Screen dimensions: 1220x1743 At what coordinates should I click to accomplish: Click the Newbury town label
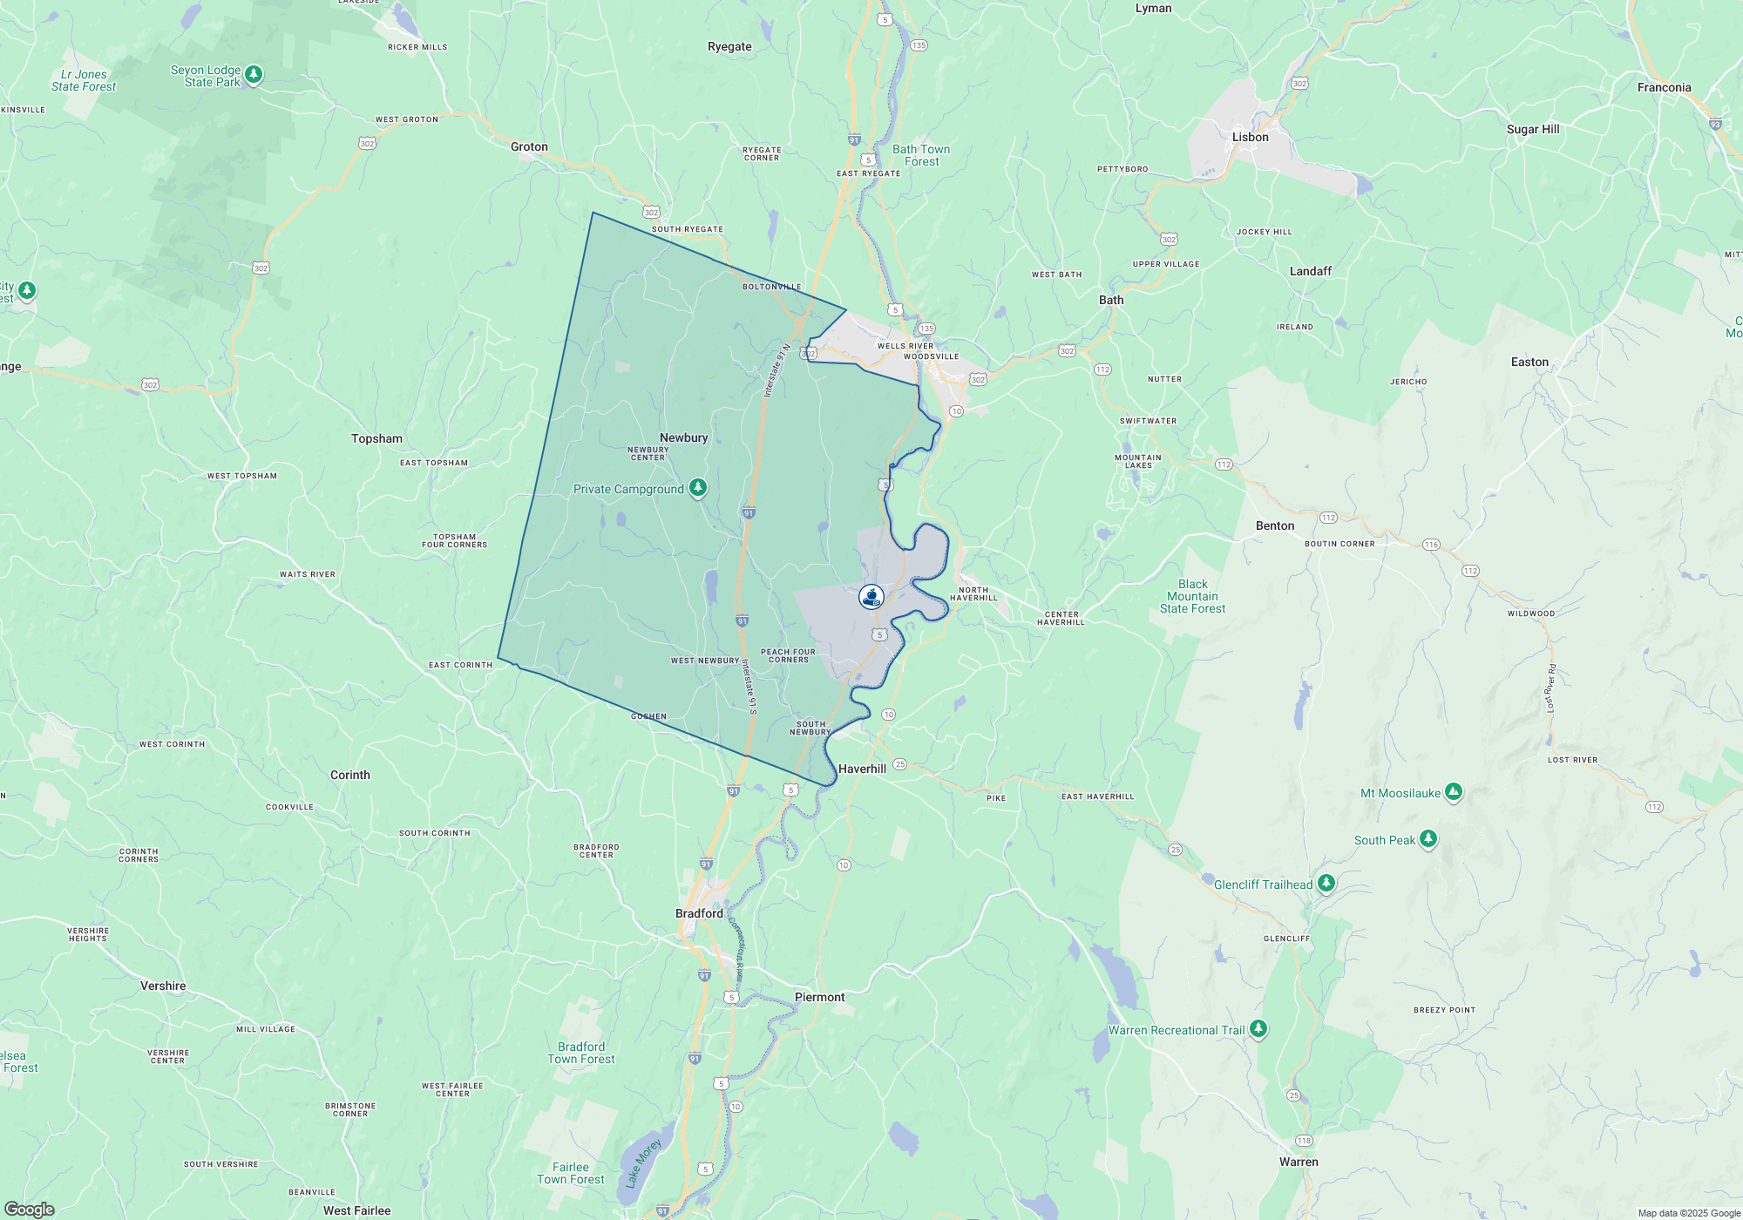683,437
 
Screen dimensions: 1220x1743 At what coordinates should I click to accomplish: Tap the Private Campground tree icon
698,487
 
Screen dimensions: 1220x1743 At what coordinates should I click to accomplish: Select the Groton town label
529,146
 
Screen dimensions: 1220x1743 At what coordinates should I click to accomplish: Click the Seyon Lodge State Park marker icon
254,74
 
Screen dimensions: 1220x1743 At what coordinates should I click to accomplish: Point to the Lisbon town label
1250,137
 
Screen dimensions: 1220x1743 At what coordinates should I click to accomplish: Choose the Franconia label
1664,87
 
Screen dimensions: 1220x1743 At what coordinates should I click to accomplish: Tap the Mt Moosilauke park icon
1453,791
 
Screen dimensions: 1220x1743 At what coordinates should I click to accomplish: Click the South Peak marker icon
1428,838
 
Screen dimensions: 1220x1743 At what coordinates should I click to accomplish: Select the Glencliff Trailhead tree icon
1326,883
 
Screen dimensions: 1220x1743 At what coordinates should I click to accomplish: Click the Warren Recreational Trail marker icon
1258,1028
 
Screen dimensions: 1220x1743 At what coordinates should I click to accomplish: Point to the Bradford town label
699,913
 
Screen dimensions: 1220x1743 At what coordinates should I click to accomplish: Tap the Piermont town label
819,997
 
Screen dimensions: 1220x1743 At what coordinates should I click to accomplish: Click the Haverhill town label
862,769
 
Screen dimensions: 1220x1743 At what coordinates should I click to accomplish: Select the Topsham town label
376,438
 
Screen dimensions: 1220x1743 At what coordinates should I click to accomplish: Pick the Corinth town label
349,775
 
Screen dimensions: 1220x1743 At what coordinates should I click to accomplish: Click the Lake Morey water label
643,1163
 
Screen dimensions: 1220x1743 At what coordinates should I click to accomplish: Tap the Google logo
30,1209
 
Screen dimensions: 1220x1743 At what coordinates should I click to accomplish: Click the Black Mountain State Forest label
1192,596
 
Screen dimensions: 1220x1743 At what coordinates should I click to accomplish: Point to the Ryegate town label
729,46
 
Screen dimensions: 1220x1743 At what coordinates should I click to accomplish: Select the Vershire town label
163,986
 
